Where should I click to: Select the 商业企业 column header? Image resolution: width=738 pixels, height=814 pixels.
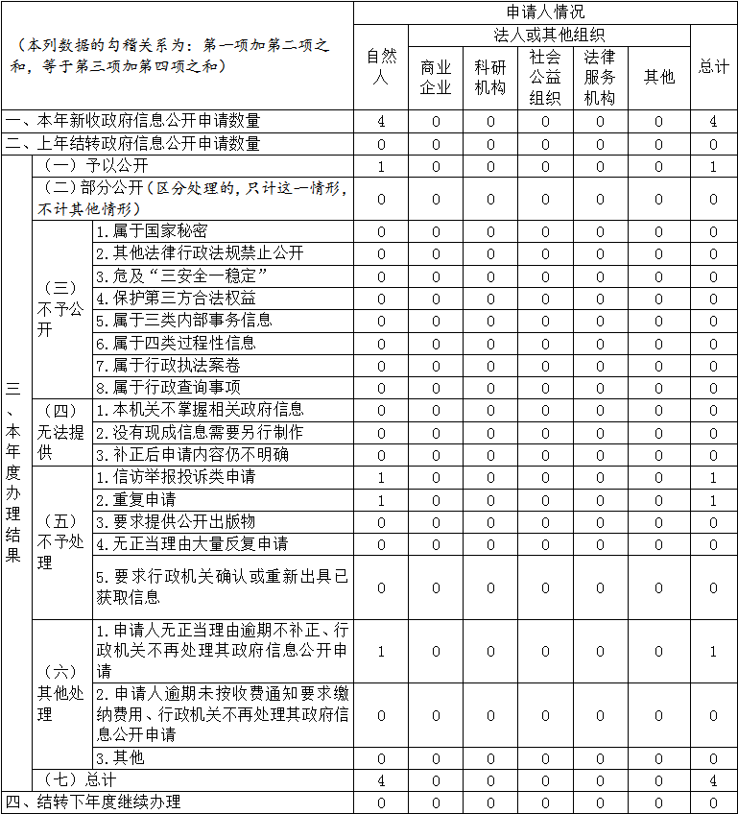click(x=436, y=78)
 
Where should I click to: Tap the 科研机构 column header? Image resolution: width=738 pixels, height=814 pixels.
click(x=490, y=78)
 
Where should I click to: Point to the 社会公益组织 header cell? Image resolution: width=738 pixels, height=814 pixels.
click(x=545, y=78)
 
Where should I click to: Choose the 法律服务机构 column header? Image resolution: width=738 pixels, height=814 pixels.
click(x=600, y=78)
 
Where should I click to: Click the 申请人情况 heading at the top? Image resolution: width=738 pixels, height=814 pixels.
click(x=545, y=12)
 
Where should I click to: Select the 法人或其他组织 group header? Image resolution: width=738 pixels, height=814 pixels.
click(x=549, y=35)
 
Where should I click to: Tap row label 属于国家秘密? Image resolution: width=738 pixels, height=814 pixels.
click(x=152, y=231)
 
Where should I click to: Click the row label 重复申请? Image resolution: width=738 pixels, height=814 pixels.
click(x=135, y=500)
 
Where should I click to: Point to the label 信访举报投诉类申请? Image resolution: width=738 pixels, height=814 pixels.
click(x=176, y=477)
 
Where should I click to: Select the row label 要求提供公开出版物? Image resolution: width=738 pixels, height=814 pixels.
click(x=176, y=521)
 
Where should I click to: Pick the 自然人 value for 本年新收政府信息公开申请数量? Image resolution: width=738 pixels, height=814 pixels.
click(x=381, y=121)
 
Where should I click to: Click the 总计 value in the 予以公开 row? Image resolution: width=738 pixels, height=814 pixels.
click(x=713, y=166)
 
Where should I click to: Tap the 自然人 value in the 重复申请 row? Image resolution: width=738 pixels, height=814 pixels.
click(x=381, y=500)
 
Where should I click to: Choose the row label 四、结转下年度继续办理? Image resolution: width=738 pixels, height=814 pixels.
click(x=93, y=802)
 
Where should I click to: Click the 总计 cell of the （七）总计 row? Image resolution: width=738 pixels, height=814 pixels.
click(x=713, y=780)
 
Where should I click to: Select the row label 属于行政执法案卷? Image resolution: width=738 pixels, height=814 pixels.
click(x=168, y=366)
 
